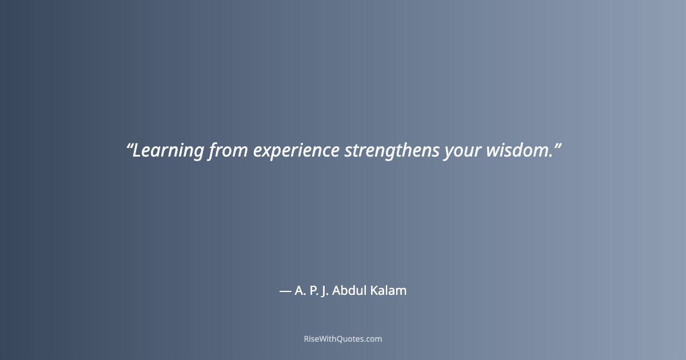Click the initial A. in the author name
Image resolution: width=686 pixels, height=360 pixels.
pos(300,291)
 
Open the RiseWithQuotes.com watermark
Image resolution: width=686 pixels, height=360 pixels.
pos(343,339)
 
